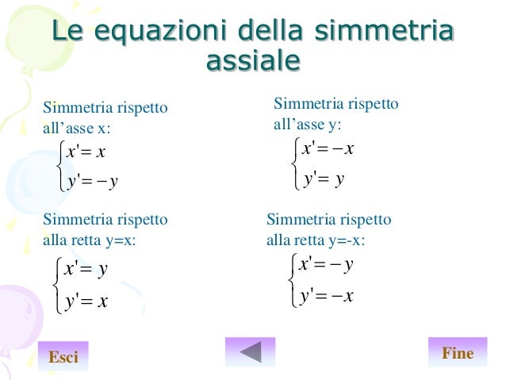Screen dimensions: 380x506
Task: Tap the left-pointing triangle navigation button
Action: [x=250, y=351]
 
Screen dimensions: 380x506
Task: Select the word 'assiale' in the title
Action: [x=252, y=61]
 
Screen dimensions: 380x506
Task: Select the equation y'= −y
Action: [x=93, y=182]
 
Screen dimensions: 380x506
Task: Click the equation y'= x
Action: [x=86, y=301]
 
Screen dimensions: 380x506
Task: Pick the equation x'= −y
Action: [x=326, y=264]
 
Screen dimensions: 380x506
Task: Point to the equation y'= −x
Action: [x=328, y=296]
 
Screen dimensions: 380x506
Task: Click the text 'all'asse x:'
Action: [x=77, y=128]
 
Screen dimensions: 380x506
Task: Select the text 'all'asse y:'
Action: [x=308, y=125]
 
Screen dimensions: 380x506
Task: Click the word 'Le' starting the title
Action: [x=67, y=32]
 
